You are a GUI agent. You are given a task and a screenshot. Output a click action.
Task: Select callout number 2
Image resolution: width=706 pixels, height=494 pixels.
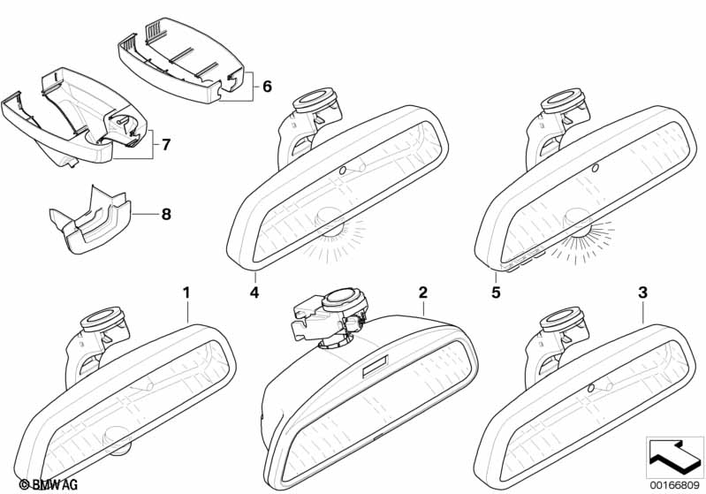point(423,292)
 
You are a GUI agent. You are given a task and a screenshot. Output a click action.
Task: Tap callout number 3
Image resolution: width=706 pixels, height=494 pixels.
point(642,292)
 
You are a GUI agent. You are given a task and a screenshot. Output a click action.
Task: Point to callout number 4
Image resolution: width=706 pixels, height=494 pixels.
point(254,292)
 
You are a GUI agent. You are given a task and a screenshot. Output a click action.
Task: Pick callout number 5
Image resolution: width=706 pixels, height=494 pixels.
point(496,292)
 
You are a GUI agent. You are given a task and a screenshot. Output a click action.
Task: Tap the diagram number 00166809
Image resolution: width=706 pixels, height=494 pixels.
point(675,484)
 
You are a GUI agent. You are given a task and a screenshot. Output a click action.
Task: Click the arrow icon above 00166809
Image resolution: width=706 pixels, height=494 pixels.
point(674,456)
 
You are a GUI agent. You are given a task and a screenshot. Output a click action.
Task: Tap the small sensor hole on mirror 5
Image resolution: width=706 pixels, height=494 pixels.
point(594,167)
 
